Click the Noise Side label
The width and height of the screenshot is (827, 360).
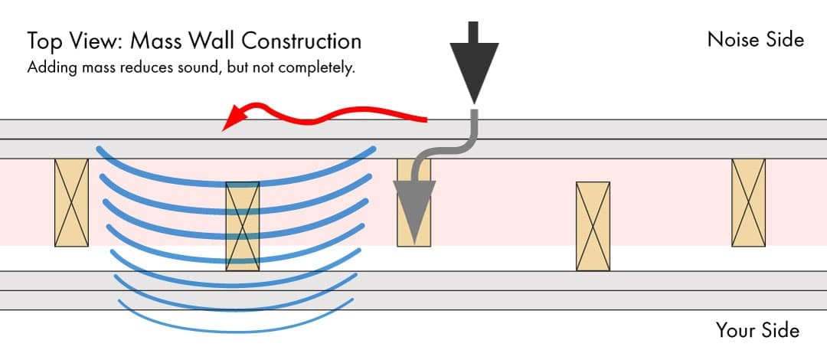(x=755, y=39)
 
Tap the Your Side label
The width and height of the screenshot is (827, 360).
(x=757, y=330)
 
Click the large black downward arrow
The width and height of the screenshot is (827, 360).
(x=472, y=61)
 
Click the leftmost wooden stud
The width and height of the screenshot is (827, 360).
(x=71, y=202)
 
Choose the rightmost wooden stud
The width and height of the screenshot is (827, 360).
(x=748, y=202)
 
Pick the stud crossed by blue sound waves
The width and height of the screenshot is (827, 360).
(x=243, y=226)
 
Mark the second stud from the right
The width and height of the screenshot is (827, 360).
(x=593, y=226)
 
